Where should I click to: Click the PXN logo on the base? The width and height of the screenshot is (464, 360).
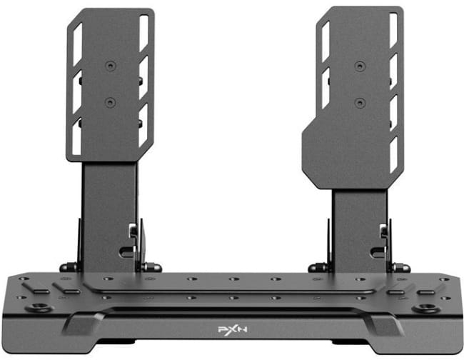(233, 330)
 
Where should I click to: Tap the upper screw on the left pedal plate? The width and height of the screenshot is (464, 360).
(111, 66)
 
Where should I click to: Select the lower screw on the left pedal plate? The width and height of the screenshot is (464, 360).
(110, 103)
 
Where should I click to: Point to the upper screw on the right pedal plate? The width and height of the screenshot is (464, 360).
(360, 66)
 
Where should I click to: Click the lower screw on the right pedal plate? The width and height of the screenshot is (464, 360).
(360, 104)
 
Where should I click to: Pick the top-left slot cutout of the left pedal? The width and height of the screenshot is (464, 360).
(78, 44)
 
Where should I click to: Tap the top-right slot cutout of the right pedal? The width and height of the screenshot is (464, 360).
(393, 30)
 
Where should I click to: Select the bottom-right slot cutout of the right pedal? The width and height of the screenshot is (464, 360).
(394, 154)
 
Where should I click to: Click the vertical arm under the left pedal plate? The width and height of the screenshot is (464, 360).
(110, 216)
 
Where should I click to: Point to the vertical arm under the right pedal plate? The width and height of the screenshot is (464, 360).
(360, 230)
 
